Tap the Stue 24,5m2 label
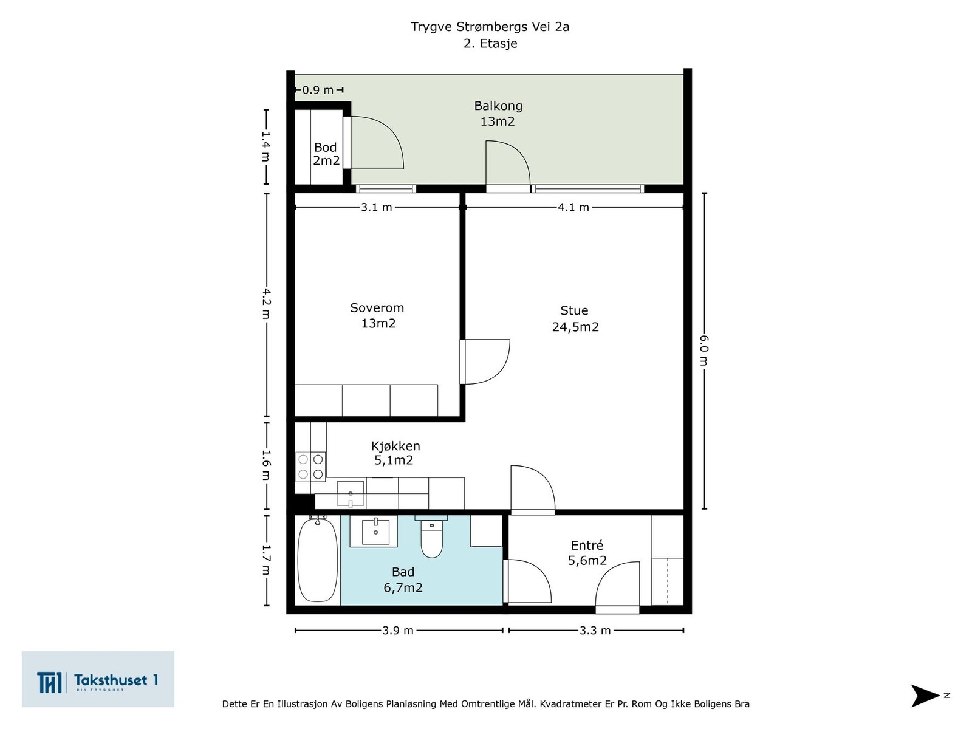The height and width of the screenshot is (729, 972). click(x=575, y=318)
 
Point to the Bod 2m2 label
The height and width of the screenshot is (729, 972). click(x=326, y=154)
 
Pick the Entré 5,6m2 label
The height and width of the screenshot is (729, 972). click(x=587, y=553)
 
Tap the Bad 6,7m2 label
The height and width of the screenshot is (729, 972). click(x=403, y=580)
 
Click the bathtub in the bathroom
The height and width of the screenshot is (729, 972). click(x=318, y=560)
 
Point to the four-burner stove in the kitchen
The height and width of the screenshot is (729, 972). click(x=310, y=467)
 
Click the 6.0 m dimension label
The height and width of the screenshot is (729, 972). click(x=703, y=351)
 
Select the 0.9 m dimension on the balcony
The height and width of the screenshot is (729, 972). click(x=318, y=91)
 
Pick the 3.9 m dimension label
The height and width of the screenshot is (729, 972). click(x=398, y=631)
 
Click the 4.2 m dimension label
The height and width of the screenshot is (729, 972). click(x=265, y=304)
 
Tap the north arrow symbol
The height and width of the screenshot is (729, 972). click(x=925, y=696)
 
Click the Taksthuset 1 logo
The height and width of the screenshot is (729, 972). click(x=98, y=679)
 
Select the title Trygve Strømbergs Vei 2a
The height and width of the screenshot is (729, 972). click(x=490, y=27)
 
